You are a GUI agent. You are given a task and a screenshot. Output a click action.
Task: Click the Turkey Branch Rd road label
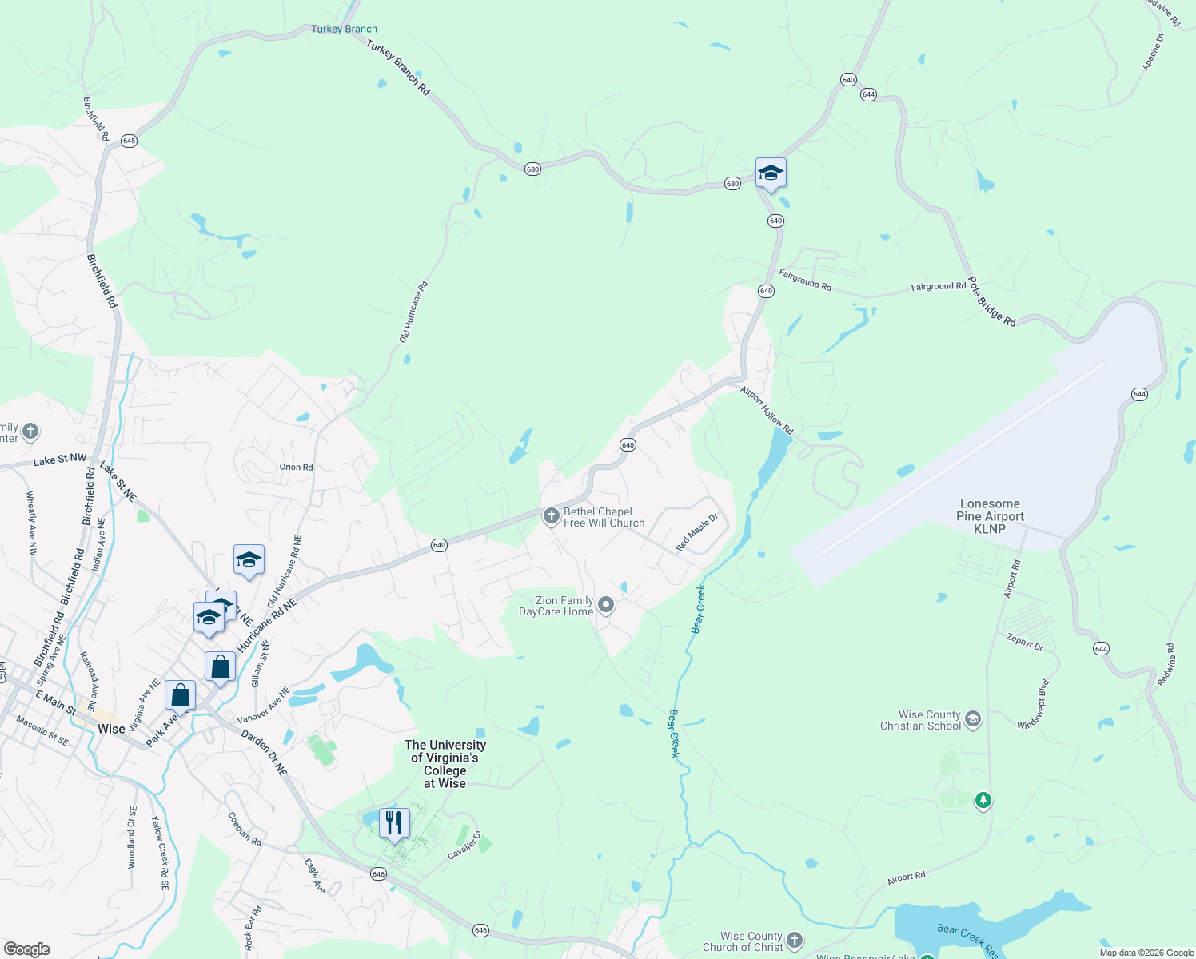[398, 68]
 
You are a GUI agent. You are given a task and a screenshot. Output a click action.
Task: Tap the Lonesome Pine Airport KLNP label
[990, 516]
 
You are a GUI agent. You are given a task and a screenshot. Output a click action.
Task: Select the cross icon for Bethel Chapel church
[551, 516]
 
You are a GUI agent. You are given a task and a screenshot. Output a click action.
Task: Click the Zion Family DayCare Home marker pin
[606, 605]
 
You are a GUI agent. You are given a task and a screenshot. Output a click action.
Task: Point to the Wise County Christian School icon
[973, 718]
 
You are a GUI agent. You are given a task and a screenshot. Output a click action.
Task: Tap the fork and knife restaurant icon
[394, 822]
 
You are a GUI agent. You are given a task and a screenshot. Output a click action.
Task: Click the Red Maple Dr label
[697, 532]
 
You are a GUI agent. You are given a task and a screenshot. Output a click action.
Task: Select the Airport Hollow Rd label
[767, 411]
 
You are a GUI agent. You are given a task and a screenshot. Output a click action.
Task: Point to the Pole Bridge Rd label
[991, 302]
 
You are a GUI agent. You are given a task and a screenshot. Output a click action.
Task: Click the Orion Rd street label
[296, 467]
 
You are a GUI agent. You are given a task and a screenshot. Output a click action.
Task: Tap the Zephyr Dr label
[1025, 642]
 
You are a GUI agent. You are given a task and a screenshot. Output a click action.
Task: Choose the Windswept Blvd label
[1033, 704]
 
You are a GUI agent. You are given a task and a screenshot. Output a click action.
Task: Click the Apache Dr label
[1153, 52]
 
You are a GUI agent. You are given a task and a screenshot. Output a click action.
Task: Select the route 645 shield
[129, 141]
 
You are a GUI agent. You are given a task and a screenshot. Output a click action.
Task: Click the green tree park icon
[983, 799]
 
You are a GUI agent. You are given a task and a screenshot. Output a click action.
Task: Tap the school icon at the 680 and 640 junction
[771, 173]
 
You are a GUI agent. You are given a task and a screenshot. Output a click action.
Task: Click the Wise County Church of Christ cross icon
[794, 940]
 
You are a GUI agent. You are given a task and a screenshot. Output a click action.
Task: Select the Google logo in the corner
[26, 949]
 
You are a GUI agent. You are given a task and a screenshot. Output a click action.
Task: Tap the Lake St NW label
[60, 460]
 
